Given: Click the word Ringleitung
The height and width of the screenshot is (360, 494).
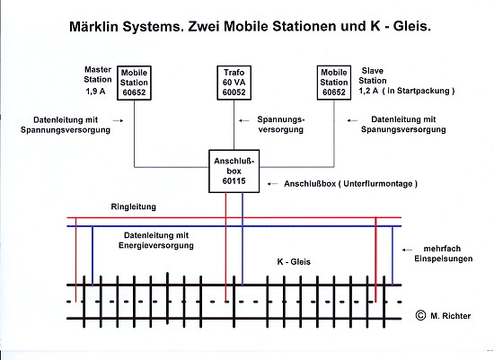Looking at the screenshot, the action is click(x=134, y=206).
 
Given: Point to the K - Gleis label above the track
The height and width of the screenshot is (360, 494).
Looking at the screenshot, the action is click(x=294, y=262).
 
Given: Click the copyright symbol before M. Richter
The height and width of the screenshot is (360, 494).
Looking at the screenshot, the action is click(x=420, y=315).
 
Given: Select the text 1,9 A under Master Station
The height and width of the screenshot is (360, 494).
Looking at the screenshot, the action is click(x=95, y=92).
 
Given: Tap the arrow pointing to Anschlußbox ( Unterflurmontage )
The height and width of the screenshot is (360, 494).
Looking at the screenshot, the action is click(x=272, y=184).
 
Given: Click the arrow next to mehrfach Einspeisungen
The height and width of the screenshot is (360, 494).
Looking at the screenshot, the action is click(x=407, y=250).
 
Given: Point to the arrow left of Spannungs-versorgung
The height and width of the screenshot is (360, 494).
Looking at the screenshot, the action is click(x=243, y=120).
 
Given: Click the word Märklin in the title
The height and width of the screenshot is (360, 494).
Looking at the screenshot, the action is click(x=93, y=26).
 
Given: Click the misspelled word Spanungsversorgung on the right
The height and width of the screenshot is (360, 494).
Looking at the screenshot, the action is click(x=403, y=129).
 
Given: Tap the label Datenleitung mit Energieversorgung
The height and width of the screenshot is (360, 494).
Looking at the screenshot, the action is click(x=156, y=241).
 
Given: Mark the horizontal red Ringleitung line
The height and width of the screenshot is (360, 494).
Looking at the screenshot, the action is click(x=234, y=217).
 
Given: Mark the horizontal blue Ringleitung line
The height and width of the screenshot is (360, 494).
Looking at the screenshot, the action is click(x=234, y=226).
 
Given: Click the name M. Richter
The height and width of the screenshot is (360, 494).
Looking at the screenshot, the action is click(x=451, y=316).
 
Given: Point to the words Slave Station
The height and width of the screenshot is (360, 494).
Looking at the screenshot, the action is click(x=373, y=75).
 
